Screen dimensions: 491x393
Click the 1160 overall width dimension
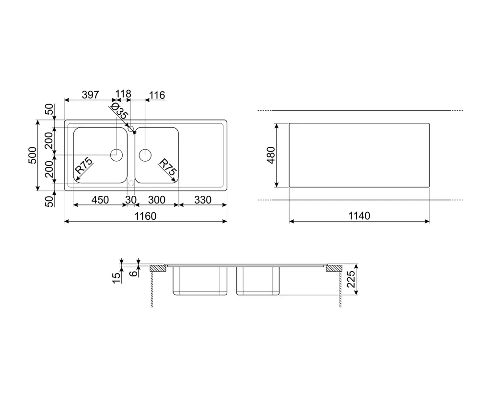(x=145, y=216)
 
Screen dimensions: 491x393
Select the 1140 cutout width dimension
(x=359, y=216)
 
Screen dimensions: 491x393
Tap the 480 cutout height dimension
(x=271, y=155)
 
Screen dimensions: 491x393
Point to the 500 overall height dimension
(x=33, y=155)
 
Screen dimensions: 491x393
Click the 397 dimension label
(x=90, y=95)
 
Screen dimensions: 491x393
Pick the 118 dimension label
(x=123, y=94)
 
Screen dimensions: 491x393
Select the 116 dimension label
(x=157, y=95)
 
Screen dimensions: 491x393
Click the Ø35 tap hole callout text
(x=119, y=111)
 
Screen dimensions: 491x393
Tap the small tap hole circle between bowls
(x=131, y=128)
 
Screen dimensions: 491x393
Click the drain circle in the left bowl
(x=117, y=155)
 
